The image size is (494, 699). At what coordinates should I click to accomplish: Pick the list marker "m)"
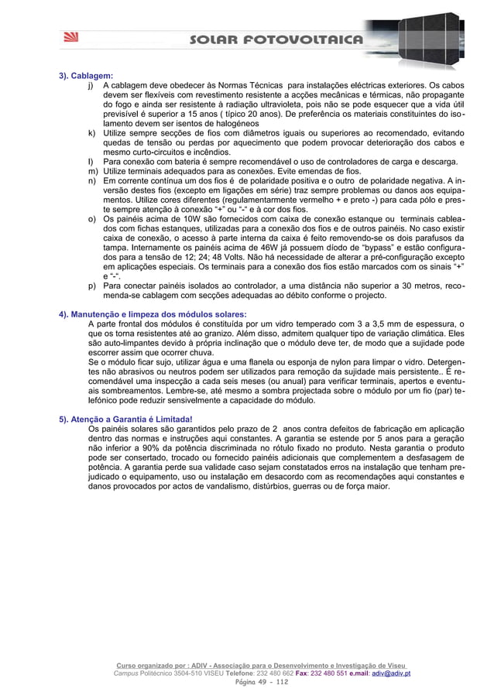point(92,170)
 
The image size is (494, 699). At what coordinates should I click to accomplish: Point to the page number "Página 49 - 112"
point(246,683)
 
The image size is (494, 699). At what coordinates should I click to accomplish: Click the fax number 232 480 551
point(331,673)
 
